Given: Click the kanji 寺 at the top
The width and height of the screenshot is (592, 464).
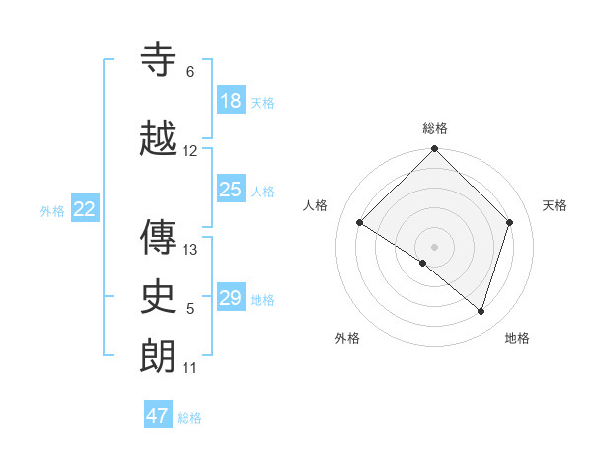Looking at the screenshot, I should click(x=158, y=61).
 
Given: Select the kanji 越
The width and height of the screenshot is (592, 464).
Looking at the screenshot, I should click(x=158, y=139).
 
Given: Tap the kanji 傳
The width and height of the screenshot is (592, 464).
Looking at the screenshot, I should click(x=158, y=237).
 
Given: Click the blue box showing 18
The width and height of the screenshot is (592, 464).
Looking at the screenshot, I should click(x=231, y=101).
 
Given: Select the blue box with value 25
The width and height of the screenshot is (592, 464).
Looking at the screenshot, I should click(x=231, y=190).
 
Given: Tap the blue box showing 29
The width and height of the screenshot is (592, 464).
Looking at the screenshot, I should click(x=231, y=298).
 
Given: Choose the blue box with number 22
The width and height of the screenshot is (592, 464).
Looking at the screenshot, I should click(x=85, y=209).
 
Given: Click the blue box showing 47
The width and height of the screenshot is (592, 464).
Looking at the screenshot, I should click(x=158, y=416).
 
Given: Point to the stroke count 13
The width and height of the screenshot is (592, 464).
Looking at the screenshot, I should click(x=190, y=250).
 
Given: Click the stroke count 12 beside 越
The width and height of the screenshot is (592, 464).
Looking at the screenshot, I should click(x=190, y=151).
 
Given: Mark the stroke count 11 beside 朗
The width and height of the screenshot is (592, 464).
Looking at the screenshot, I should click(x=190, y=368).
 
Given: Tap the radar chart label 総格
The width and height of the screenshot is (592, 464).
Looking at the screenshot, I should click(x=435, y=128).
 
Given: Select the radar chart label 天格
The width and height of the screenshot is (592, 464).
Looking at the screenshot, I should click(x=555, y=205).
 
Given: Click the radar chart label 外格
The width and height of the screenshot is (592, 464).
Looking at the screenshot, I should click(x=347, y=338).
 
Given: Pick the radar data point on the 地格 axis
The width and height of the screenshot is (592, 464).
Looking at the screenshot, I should click(x=481, y=312).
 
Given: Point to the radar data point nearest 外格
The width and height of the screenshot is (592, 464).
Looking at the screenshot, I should click(x=423, y=264).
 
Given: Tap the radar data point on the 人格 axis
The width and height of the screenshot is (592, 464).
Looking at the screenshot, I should click(x=360, y=223).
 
